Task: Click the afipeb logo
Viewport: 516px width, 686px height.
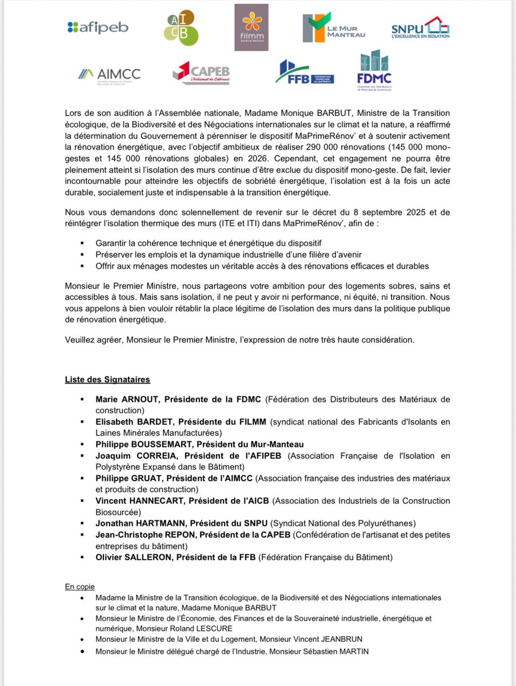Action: [98, 27]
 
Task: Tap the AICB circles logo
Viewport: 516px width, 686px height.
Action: [182, 27]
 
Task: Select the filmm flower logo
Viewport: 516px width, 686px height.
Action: [251, 26]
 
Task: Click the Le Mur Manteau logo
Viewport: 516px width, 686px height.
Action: [334, 27]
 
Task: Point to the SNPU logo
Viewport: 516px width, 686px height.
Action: [421, 27]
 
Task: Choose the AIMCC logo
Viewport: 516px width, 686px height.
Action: [109, 74]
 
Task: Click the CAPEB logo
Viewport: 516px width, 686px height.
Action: [201, 73]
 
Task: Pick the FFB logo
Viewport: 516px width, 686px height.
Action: [304, 73]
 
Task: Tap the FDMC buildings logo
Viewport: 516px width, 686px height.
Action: [374, 71]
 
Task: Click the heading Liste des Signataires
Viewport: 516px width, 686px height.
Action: [107, 379]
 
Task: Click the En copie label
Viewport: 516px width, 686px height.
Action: [79, 587]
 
